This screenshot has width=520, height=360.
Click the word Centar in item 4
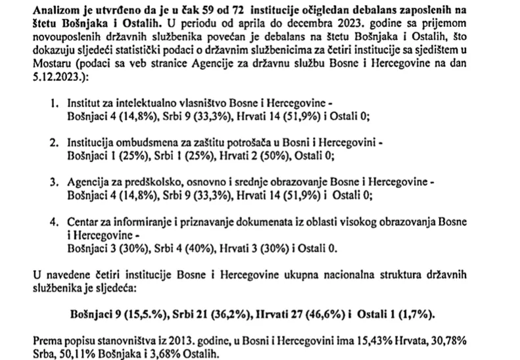(83, 224)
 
